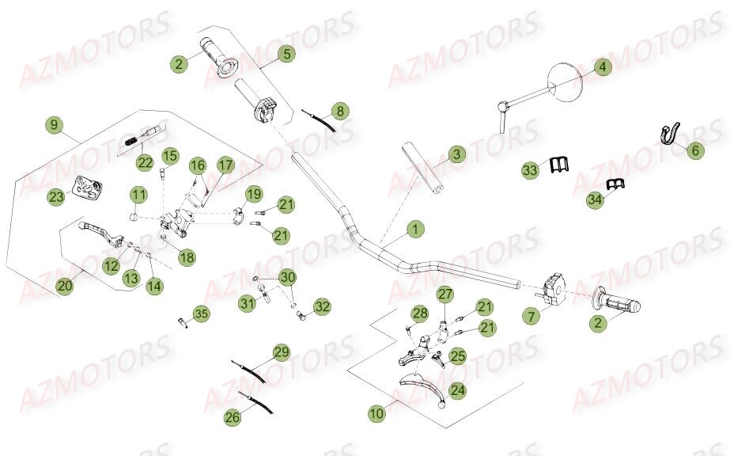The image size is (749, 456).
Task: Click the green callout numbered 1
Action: pyautogui.click(x=415, y=230)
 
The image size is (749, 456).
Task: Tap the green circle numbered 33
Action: pyautogui.click(x=530, y=169)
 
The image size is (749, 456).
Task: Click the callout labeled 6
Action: pyautogui.click(x=694, y=150)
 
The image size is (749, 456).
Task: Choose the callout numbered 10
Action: pyautogui.click(x=377, y=412)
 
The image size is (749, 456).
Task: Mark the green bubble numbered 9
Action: pyautogui.click(x=54, y=125)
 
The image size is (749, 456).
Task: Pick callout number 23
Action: pyautogui.click(x=55, y=198)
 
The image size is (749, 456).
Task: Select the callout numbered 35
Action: pyautogui.click(x=202, y=315)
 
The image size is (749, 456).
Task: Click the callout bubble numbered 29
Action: pyautogui.click(x=282, y=353)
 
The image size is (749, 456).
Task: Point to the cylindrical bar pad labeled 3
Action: pyautogui.click(x=422, y=167)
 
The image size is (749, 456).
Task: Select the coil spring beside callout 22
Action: pyautogui.click(x=134, y=142)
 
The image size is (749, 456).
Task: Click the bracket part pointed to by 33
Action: pyautogui.click(x=559, y=164)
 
